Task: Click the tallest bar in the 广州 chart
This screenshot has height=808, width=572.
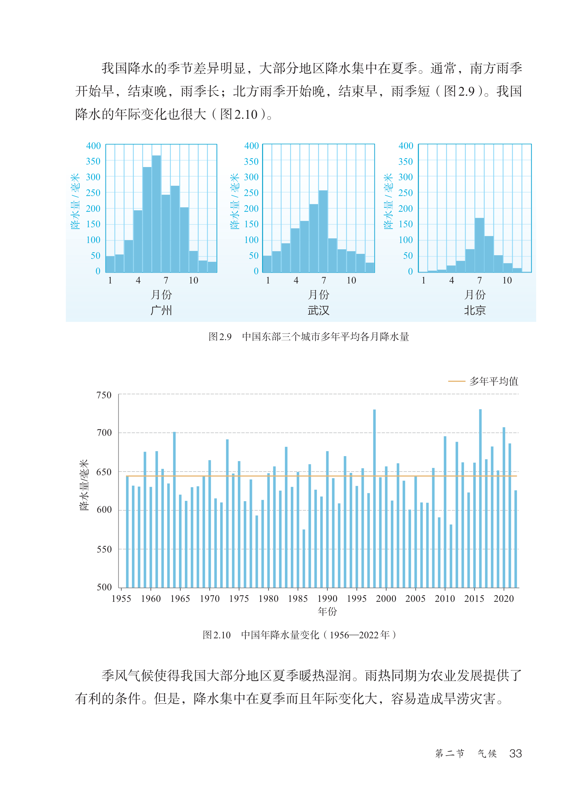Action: (156, 214)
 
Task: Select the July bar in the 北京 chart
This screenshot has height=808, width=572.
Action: (479, 245)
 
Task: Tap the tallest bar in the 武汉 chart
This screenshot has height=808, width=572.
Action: (323, 231)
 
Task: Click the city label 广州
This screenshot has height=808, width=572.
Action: (161, 310)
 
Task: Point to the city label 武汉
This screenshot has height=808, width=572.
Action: (318, 310)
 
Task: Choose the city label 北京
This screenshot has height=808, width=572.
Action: (475, 310)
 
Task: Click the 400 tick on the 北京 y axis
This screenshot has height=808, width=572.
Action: (406, 146)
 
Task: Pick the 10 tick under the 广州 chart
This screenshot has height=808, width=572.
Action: (193, 280)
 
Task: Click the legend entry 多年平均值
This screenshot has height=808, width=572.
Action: (493, 381)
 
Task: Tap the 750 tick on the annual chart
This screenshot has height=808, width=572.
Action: (104, 395)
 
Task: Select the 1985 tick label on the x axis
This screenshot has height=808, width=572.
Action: (298, 599)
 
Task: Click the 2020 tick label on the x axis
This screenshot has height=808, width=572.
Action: (504, 599)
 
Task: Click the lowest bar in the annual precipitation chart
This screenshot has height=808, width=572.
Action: (304, 559)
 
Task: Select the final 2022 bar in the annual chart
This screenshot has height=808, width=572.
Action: (516, 539)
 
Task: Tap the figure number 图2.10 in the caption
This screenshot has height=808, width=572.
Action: (217, 635)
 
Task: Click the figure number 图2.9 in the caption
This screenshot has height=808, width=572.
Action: (220, 336)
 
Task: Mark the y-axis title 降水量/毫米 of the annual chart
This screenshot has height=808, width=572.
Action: (84, 485)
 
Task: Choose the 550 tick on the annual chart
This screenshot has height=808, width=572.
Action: (104, 549)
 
